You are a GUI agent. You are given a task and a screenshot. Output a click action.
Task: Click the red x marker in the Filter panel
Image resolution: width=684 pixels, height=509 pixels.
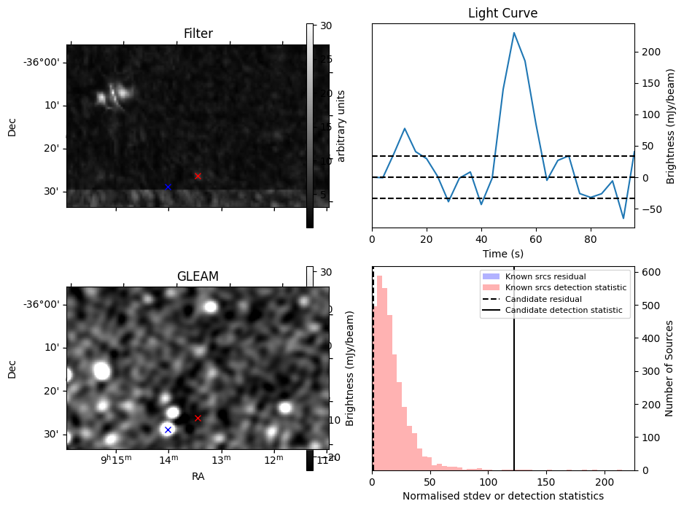(198, 176)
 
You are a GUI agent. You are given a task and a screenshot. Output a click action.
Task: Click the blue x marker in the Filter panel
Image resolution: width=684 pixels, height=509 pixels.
(168, 187)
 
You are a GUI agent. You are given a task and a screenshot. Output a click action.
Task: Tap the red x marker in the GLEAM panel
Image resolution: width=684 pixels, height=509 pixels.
(198, 418)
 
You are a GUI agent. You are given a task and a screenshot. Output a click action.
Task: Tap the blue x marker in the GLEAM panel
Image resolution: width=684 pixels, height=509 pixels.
(168, 430)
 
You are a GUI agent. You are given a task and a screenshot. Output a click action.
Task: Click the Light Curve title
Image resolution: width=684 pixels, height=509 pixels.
(502, 13)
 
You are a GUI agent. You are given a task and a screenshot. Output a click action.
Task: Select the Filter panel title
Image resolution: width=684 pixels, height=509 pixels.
(198, 34)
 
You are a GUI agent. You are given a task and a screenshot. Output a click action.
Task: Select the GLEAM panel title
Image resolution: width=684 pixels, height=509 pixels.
(198, 276)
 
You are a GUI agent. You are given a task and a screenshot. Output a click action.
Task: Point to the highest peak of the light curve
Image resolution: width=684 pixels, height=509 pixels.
(514, 33)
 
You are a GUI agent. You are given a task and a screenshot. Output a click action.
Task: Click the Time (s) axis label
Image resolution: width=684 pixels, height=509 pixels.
(502, 253)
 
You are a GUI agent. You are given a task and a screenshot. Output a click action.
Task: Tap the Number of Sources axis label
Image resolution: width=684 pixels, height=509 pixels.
(669, 368)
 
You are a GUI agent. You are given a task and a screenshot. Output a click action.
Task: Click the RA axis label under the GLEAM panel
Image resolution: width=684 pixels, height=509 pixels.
(198, 476)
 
